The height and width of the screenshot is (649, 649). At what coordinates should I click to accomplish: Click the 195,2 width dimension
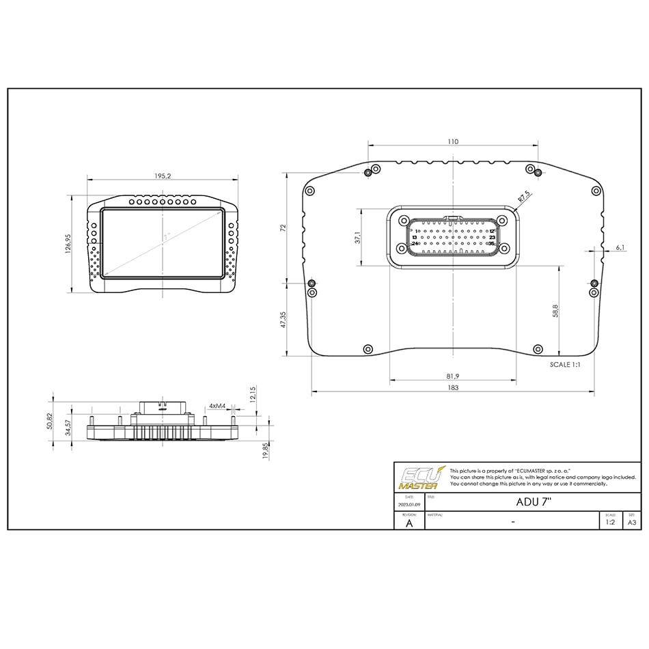(x=163, y=176)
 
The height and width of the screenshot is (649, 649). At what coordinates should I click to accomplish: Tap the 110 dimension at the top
(x=453, y=141)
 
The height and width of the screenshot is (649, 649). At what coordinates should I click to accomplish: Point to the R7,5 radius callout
(x=524, y=197)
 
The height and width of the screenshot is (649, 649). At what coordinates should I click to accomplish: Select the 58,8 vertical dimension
(x=556, y=311)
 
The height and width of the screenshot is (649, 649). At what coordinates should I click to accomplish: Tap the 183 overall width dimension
(x=453, y=387)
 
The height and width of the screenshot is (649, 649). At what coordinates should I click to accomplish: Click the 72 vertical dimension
(x=283, y=227)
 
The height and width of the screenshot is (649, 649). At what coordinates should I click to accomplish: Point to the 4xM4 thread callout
(x=217, y=406)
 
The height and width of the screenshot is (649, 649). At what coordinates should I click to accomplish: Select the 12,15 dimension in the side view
(x=253, y=395)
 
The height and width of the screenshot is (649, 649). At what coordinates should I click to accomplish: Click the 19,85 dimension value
(x=266, y=451)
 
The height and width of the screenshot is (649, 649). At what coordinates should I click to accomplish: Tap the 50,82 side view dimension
(x=50, y=421)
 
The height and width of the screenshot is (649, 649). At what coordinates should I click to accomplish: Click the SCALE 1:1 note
(x=565, y=365)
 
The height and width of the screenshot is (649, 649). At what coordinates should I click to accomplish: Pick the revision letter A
(x=409, y=523)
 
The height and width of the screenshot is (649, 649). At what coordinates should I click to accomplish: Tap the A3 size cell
(x=632, y=522)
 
